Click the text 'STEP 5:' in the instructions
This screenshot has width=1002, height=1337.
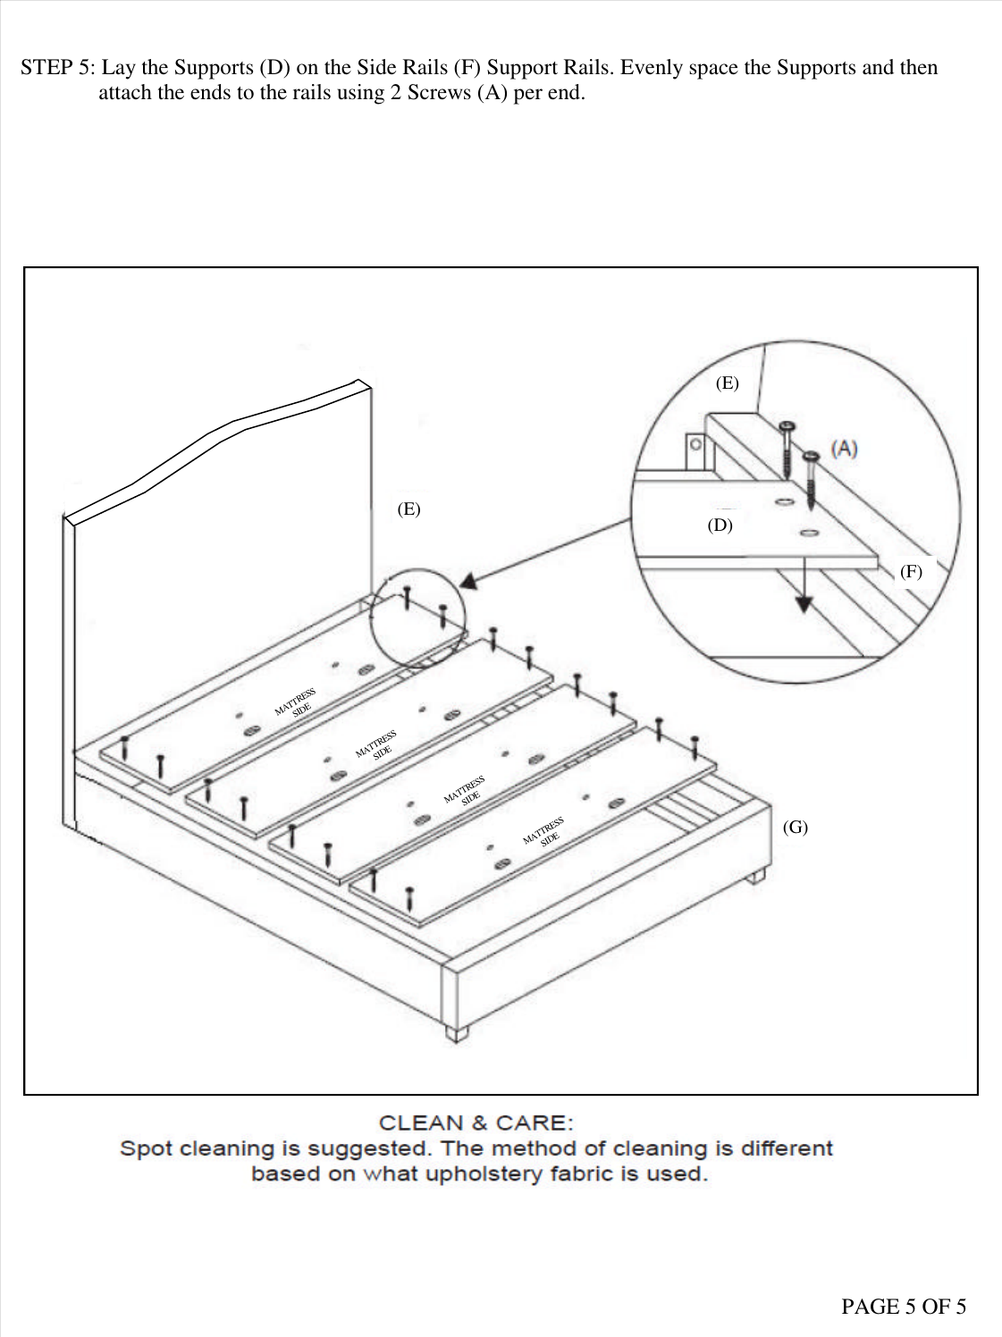tap(58, 68)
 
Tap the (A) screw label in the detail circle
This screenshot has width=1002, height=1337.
tap(844, 449)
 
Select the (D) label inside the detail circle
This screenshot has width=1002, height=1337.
tap(720, 526)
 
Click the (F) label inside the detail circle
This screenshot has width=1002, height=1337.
tap(911, 572)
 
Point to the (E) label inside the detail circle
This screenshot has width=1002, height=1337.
tap(728, 383)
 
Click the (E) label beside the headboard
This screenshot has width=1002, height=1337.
tap(408, 509)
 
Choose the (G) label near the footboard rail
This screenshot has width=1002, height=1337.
tap(795, 827)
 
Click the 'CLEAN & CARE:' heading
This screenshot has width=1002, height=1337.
tap(476, 1123)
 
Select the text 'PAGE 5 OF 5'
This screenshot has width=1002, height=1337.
tap(903, 1307)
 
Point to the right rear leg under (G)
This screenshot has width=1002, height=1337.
tap(756, 876)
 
